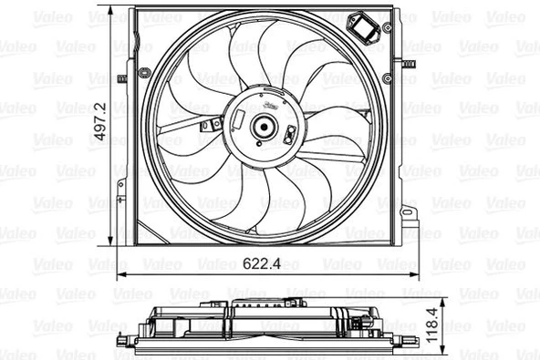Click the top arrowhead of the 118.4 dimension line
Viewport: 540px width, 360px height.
point(441,302)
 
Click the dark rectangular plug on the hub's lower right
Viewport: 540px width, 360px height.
point(288,139)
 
